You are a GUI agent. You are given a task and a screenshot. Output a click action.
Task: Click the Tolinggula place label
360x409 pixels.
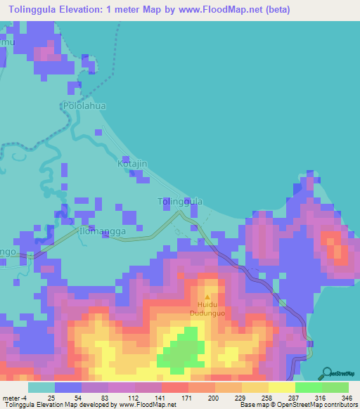coord(179,202)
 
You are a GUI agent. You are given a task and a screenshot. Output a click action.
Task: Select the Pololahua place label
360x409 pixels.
coord(83,105)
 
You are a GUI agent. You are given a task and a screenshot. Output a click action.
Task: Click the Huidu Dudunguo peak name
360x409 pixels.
coord(206,309)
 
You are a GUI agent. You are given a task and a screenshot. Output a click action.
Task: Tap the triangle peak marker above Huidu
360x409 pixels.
coord(207,297)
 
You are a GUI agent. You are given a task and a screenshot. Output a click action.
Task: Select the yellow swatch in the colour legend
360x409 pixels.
coord(281,387)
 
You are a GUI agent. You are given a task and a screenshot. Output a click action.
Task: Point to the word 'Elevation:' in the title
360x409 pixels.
coord(93,10)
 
